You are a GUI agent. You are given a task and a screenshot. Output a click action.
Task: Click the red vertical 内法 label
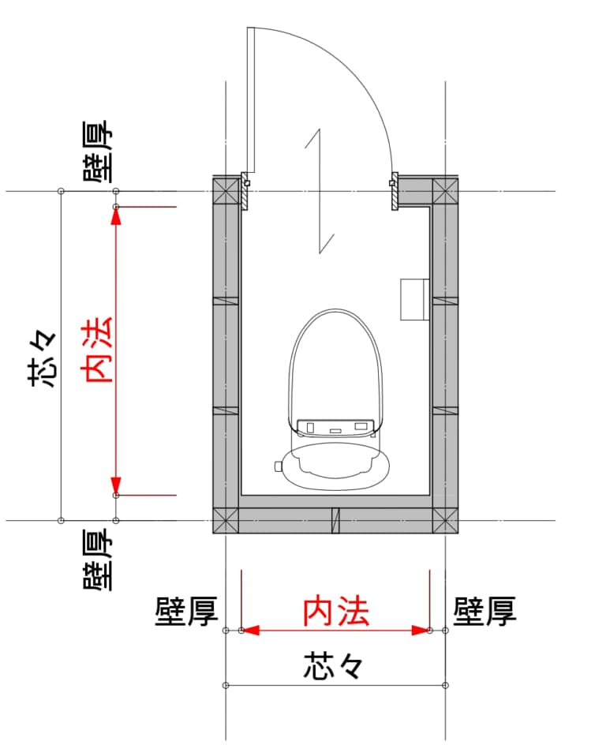pyautogui.click(x=99, y=350)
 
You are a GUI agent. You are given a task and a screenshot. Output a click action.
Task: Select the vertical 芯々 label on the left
pyautogui.click(x=44, y=358)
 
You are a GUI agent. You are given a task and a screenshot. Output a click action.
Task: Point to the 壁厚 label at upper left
pyautogui.click(x=98, y=152)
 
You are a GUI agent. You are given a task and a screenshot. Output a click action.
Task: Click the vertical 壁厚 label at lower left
pyautogui.click(x=98, y=560)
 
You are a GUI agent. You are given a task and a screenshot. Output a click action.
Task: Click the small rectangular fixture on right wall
pyautogui.click(x=415, y=299)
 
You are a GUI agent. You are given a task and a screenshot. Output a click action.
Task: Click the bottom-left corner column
pyautogui.click(x=226, y=520)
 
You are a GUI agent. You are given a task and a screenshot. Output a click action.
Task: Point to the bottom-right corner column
pyautogui.click(x=446, y=520)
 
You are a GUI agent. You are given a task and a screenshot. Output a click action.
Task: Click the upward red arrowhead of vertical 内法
pyautogui.click(x=116, y=217)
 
